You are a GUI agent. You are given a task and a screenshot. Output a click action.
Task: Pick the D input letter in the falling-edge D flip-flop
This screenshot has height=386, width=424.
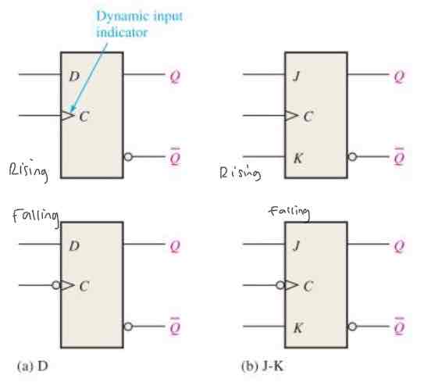[x=75, y=247]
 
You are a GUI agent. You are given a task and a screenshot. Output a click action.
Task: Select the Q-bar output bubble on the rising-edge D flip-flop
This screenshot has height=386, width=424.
[x=128, y=156]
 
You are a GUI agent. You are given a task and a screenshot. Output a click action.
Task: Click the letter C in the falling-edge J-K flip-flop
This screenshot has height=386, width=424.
[x=308, y=286]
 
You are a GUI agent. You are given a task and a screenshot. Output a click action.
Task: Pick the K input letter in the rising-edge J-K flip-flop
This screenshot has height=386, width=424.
[x=297, y=155]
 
